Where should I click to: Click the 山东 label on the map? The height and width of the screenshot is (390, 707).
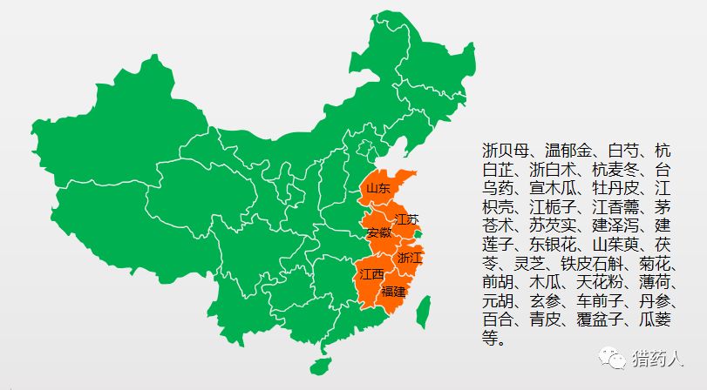377,187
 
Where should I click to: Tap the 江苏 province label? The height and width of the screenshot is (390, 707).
406,219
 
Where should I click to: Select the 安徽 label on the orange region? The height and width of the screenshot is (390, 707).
379,233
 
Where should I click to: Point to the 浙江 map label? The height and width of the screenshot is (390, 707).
410,258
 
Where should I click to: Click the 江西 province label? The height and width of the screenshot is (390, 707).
371,274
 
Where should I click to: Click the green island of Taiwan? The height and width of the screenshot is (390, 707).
424,308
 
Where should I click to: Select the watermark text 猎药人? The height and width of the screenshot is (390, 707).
658,358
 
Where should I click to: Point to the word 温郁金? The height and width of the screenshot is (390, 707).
568,150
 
